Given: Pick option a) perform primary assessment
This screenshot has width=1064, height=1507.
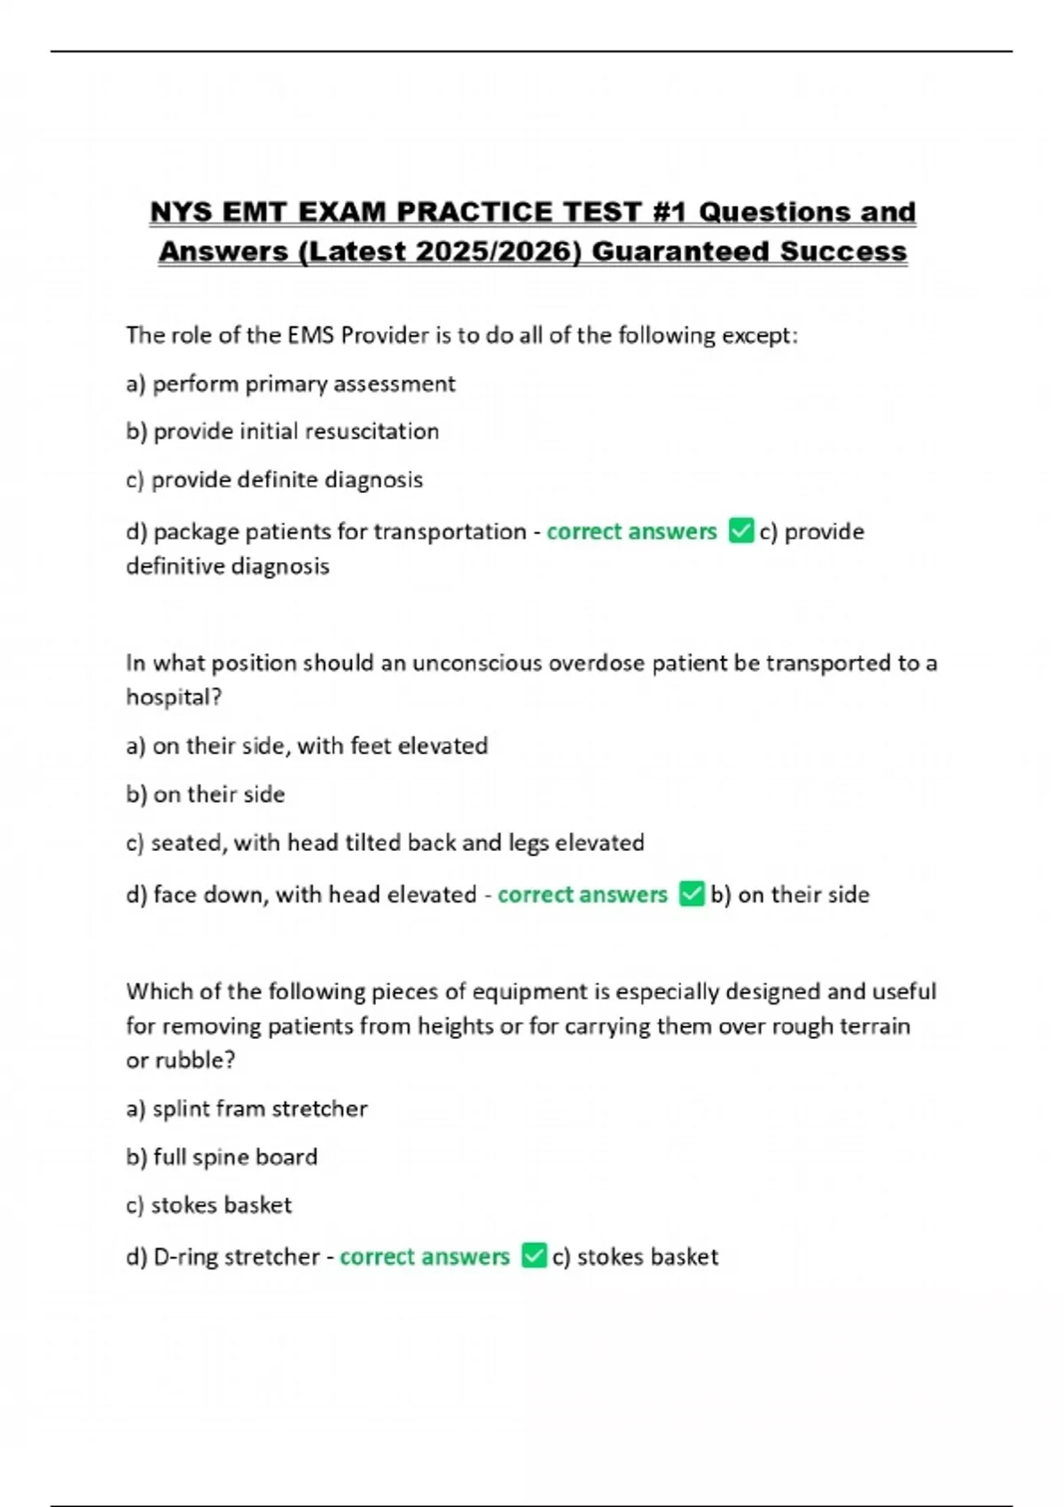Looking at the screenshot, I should click(x=291, y=384).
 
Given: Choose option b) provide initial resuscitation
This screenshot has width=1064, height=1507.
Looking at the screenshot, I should click(x=283, y=432).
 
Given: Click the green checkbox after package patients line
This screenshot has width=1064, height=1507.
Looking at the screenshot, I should click(x=740, y=531).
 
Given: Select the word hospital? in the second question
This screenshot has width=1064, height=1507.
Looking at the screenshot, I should click(x=174, y=697).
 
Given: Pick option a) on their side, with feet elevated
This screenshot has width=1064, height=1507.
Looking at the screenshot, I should click(x=307, y=746).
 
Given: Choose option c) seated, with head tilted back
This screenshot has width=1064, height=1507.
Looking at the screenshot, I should click(x=385, y=842).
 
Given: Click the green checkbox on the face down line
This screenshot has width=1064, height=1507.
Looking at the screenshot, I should click(x=692, y=894).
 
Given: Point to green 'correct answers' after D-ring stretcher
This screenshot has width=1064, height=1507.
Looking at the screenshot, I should click(x=425, y=1257).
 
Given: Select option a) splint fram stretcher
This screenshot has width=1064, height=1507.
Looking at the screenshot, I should click(x=246, y=1109).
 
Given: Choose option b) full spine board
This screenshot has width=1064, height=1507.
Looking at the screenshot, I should click(x=222, y=1157).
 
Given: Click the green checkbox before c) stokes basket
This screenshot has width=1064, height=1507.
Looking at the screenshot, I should click(x=534, y=1256).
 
